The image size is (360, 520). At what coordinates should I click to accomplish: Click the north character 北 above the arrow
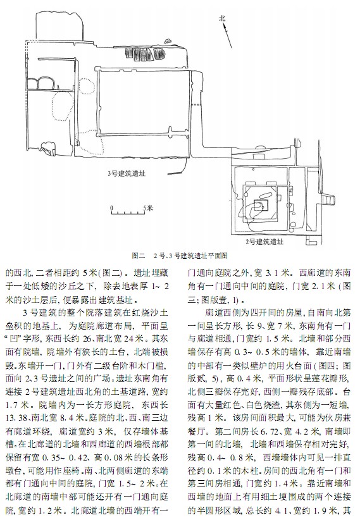point(222,18)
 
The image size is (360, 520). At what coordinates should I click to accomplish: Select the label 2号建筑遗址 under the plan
point(264,242)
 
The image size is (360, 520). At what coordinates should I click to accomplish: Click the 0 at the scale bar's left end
point(112,208)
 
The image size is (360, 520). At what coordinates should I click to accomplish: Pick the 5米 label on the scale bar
point(148,208)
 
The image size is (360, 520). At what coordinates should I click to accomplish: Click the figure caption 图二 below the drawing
point(139,256)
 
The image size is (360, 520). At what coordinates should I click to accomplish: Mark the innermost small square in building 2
point(261,206)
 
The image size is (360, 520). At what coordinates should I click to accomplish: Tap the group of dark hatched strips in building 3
point(145,54)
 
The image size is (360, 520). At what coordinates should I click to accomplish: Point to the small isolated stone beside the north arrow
point(168,41)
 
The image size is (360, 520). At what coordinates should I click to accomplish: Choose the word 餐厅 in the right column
point(196,431)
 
